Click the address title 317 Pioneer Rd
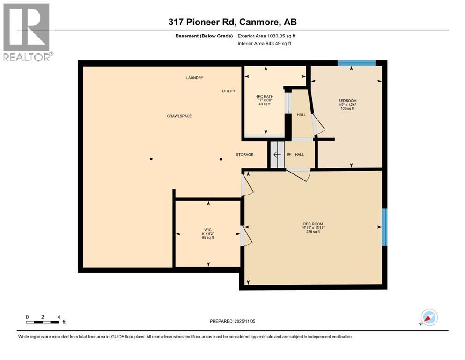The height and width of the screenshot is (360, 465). click(x=232, y=22)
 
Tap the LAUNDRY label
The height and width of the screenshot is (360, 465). click(x=194, y=78)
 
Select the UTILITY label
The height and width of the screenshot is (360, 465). click(x=229, y=91)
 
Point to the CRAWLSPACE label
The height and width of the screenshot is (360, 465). click(x=180, y=116)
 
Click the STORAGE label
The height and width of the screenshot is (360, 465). click(x=244, y=155)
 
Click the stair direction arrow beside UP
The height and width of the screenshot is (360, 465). click(x=277, y=155)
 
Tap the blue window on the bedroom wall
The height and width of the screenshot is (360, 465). click(x=357, y=63)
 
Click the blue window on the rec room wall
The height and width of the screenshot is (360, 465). click(x=384, y=227)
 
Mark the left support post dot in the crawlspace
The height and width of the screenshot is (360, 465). click(x=151, y=159)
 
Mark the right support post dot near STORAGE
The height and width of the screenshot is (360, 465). click(x=221, y=159)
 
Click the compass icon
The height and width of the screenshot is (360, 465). click(x=429, y=318)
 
